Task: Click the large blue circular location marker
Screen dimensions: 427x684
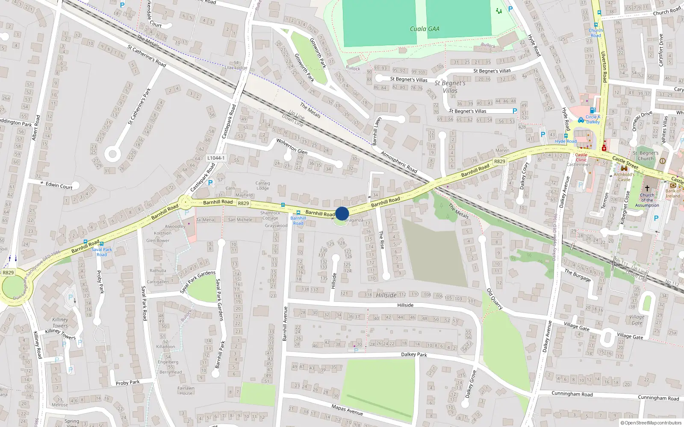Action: coord(342,213)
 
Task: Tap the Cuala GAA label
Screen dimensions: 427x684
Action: coord(425,29)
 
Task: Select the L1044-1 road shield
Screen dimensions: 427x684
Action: coord(216,158)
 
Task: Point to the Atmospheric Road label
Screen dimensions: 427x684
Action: coord(398,162)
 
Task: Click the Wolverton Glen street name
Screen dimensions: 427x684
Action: coord(292,146)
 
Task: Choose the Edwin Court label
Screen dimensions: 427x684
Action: coord(59,186)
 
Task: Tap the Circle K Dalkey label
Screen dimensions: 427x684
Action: coord(593,119)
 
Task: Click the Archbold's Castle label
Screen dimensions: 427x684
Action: coord(624,177)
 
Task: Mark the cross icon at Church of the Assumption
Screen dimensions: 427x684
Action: coord(647,188)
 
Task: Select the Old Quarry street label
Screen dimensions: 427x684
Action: coord(495,299)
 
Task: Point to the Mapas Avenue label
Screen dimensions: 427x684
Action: coord(347,410)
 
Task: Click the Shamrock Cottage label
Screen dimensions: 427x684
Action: coord(270,215)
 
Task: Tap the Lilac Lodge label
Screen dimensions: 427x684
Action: coord(236,68)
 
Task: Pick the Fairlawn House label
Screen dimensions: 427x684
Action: coord(186,391)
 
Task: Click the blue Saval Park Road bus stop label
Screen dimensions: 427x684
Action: coord(102,252)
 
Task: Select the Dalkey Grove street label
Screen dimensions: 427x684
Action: coord(470,384)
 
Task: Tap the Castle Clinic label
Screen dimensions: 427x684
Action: coord(581,157)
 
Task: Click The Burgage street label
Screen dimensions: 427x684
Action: coord(577,275)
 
